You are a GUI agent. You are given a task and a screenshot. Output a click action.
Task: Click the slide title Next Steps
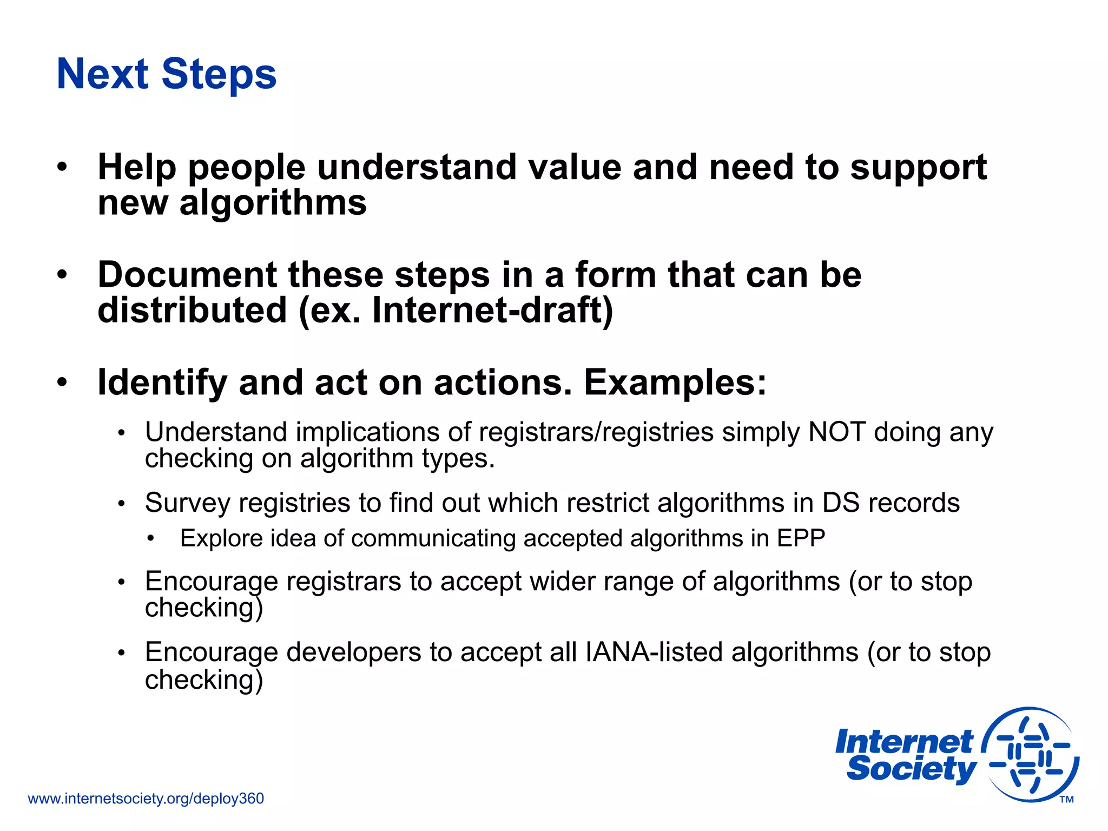coord(167,74)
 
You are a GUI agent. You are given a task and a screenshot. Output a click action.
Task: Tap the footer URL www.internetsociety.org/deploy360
coord(146,799)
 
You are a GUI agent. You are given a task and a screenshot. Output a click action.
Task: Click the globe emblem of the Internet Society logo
coord(1031,754)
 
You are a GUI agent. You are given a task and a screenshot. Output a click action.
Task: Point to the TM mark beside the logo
coord(1066,800)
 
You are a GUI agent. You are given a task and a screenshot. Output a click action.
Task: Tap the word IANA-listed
coord(654,652)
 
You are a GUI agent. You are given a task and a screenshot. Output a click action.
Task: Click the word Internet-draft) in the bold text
coord(493,310)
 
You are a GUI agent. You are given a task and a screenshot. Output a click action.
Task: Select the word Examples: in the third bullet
coord(675,382)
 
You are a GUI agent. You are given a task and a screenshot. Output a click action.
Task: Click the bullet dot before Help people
coord(63,167)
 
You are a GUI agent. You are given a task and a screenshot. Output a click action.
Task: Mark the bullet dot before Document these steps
coord(63,275)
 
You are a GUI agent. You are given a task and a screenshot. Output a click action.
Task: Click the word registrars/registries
coord(596,432)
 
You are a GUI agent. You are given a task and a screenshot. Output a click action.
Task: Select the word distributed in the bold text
coord(192,310)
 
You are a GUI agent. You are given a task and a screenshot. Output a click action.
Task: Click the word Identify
coord(162,382)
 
